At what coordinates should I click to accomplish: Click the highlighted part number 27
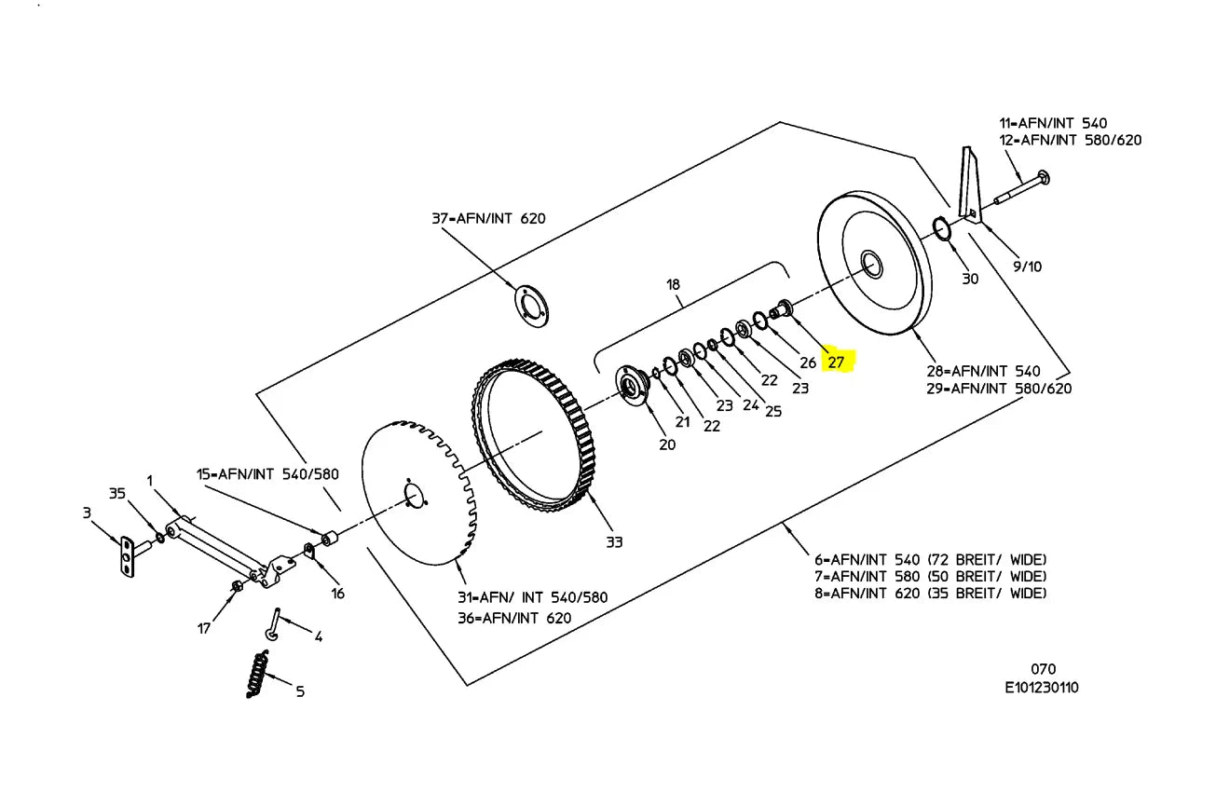tap(836, 362)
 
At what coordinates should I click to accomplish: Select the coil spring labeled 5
tap(257, 674)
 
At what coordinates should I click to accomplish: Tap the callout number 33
tap(614, 542)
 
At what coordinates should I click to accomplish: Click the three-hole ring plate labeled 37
tap(531, 306)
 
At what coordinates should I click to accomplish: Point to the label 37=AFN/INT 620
tap(488, 219)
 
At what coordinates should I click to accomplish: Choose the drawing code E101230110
tap(1041, 688)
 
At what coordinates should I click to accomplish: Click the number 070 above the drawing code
tap(1043, 669)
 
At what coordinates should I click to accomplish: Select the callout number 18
tap(673, 284)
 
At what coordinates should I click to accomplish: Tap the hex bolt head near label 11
tap(1043, 177)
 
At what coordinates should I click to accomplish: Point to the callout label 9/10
tap(1027, 267)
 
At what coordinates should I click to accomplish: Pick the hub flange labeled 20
tap(632, 385)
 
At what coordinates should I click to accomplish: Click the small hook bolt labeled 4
tap(273, 624)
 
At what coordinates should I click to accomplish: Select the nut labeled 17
tap(237, 586)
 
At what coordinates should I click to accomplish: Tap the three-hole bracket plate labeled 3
tap(128, 557)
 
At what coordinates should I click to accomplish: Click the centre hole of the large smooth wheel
tap(871, 265)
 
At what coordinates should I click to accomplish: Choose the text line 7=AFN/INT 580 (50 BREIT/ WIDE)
tap(930, 577)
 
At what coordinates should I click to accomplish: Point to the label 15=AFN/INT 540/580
tap(267, 474)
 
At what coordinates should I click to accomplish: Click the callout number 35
tap(116, 493)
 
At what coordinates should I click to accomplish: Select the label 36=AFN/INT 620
tap(514, 618)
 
